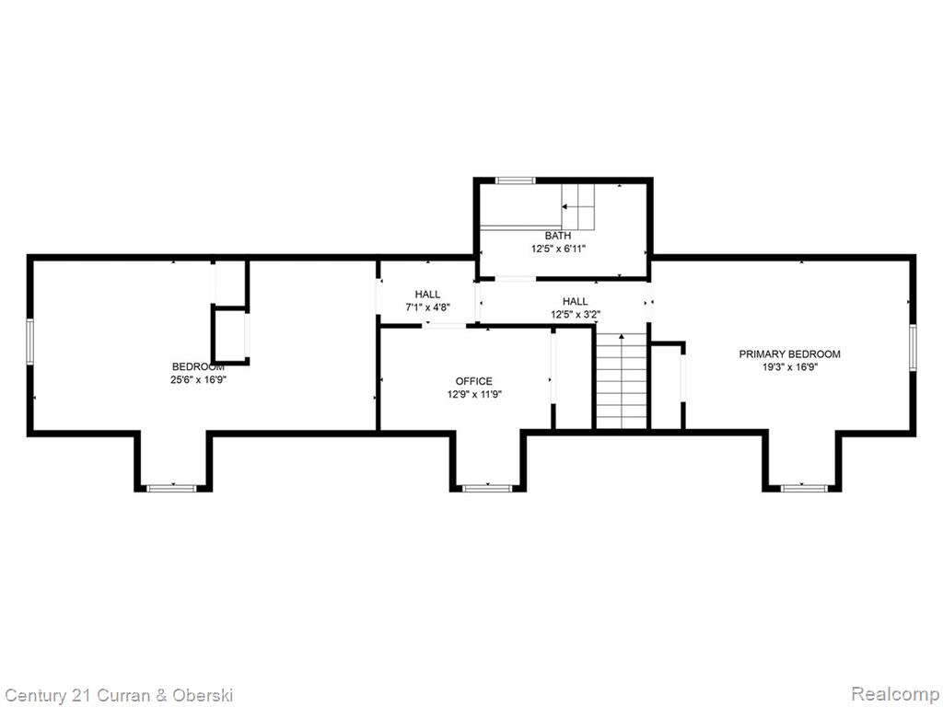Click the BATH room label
coord(558,236)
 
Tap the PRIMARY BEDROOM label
coord(789,354)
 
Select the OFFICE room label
coord(474,381)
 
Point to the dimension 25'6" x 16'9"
coord(199,379)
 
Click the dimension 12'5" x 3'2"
coord(576,314)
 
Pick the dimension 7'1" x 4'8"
coord(427,307)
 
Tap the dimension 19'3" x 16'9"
coord(789,367)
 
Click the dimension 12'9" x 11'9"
coord(474,394)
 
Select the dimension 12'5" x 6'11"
coord(558,249)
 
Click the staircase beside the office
coord(622,380)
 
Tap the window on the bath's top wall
coord(515,180)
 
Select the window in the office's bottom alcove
coord(487,488)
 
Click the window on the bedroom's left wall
coord(30,342)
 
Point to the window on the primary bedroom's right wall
coord(913,347)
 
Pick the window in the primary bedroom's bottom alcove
coord(802,488)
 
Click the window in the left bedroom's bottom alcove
coord(172,488)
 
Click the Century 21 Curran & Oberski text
coord(119,696)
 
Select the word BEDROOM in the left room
coord(199,366)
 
